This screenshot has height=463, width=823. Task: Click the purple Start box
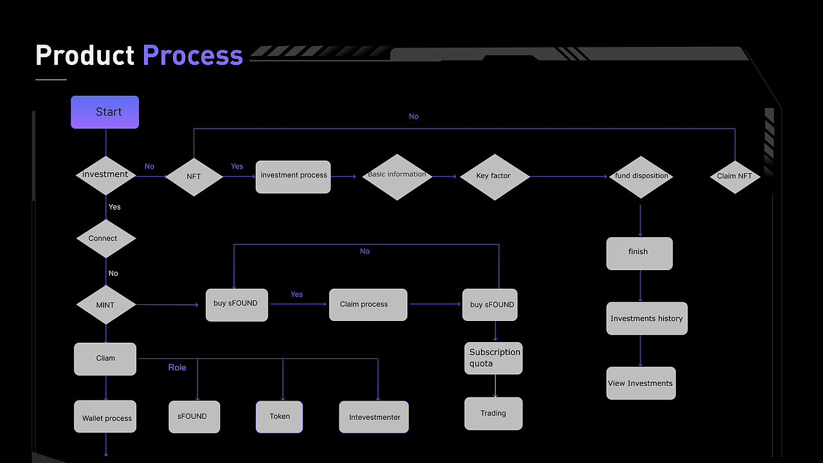(x=105, y=112)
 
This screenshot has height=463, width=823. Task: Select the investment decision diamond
(x=105, y=175)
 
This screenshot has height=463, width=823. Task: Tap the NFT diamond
(x=194, y=176)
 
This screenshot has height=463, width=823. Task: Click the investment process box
(x=293, y=177)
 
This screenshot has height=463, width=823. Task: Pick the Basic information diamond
(x=397, y=176)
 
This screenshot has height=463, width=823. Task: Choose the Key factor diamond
(x=494, y=176)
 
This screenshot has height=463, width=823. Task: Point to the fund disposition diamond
(x=641, y=176)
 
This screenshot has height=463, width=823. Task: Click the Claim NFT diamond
(x=735, y=176)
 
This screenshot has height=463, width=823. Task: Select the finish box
(x=639, y=253)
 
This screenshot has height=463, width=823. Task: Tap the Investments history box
(x=647, y=318)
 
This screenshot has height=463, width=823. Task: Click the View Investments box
(x=641, y=383)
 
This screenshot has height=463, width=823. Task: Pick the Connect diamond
(x=105, y=239)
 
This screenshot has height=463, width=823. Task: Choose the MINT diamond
(x=105, y=305)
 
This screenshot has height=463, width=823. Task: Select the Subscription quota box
(x=494, y=358)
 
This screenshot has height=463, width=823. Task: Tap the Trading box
(x=494, y=413)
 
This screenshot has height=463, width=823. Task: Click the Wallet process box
(x=105, y=417)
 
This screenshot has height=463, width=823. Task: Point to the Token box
(x=279, y=417)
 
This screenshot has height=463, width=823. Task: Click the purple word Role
(x=177, y=367)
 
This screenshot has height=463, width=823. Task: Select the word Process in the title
(x=193, y=56)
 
